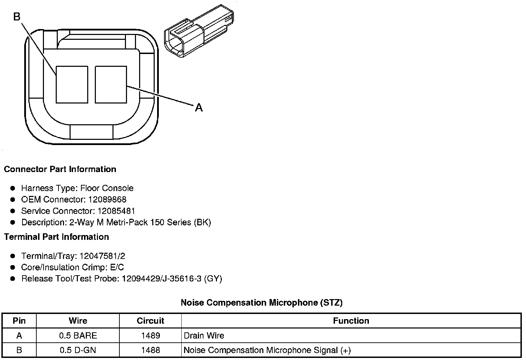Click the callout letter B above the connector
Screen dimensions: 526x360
[x=17, y=16]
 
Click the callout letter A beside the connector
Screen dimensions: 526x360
[x=199, y=108]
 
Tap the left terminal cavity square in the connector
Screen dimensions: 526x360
[x=72, y=85]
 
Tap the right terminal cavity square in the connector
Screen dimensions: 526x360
[x=111, y=85]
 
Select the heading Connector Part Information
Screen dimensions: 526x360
[x=60, y=169]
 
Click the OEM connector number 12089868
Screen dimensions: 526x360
[x=107, y=199]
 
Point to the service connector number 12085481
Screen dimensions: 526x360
[x=116, y=211]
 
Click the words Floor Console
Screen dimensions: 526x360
[x=107, y=188]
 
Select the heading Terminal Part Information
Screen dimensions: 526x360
[x=56, y=237]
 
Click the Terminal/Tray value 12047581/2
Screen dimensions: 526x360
[x=102, y=256]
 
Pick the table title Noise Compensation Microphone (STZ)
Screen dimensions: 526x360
[x=262, y=303]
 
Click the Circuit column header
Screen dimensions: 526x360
[x=151, y=321]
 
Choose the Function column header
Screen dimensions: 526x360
[x=351, y=321]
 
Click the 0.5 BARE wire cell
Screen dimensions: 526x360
[x=78, y=335]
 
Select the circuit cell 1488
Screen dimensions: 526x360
[x=151, y=350]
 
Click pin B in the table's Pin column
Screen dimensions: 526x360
[x=19, y=350]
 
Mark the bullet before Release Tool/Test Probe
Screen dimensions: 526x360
[x=13, y=279]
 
